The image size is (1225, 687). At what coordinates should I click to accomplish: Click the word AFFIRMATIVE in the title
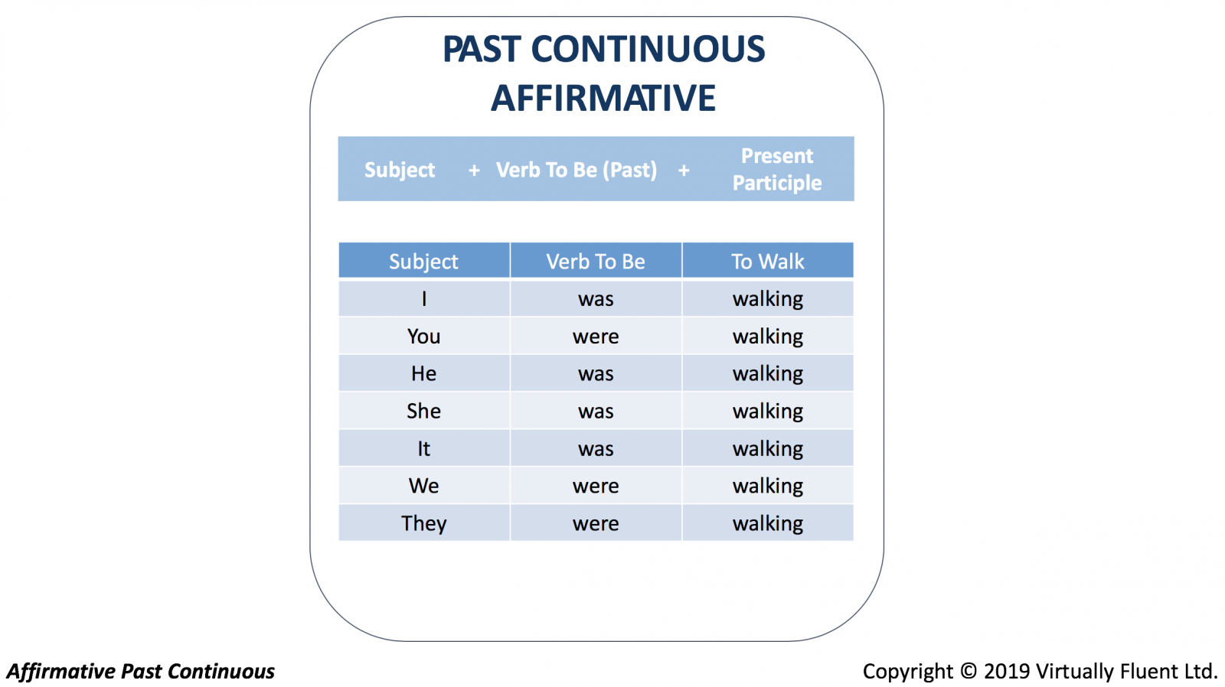pos(603,99)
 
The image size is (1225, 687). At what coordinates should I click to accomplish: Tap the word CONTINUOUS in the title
pos(648,49)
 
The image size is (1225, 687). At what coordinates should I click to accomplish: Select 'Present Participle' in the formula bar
pos(776,169)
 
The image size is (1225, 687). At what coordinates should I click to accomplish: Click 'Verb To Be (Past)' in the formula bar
pos(577,170)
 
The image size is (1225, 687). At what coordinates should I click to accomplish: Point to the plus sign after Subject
pos(474,171)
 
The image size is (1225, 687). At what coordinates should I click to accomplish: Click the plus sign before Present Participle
pos(684,171)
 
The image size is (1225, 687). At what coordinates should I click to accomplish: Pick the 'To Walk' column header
pos(768,262)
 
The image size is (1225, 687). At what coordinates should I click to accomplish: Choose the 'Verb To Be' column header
pos(596,262)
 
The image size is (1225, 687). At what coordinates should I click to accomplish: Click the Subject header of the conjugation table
pos(424,262)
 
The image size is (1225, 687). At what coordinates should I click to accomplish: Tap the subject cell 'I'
pos(424,299)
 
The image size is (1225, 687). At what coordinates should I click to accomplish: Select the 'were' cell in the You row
pos(596,337)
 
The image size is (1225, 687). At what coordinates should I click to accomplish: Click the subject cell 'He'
pos(424,374)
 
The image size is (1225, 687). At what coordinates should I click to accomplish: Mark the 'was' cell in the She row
pos(596,412)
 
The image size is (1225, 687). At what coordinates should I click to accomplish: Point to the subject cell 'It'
pos(424,449)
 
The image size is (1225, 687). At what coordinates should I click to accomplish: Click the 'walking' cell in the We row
pos(768,487)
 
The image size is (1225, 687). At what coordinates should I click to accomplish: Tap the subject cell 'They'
pos(424,523)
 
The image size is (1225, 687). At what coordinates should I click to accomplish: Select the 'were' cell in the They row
pos(596,524)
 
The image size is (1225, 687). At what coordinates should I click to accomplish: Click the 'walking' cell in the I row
pos(768,299)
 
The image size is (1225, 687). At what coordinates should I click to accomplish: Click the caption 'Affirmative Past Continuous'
pos(141,671)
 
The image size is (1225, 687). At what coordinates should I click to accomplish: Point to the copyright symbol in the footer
pos(969,671)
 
